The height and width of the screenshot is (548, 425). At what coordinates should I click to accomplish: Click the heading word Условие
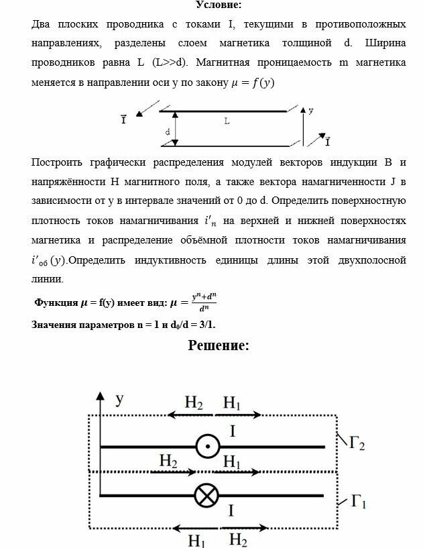point(219,5)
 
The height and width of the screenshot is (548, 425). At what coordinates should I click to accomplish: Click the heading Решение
point(219,345)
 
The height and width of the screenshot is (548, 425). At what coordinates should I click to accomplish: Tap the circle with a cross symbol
point(206,496)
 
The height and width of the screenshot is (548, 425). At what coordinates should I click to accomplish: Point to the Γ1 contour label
point(357,501)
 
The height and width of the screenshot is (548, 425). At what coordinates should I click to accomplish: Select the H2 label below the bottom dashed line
point(239,539)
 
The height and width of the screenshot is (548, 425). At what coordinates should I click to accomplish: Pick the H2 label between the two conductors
point(168,461)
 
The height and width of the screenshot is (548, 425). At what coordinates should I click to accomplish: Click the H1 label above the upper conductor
point(232,402)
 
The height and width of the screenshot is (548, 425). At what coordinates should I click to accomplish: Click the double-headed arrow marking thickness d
point(176,128)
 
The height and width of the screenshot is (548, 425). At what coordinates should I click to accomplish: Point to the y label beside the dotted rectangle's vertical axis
point(119,400)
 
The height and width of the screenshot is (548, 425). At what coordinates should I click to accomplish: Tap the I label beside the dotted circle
point(232,431)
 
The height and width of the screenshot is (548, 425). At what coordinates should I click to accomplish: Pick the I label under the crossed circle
point(231,511)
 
